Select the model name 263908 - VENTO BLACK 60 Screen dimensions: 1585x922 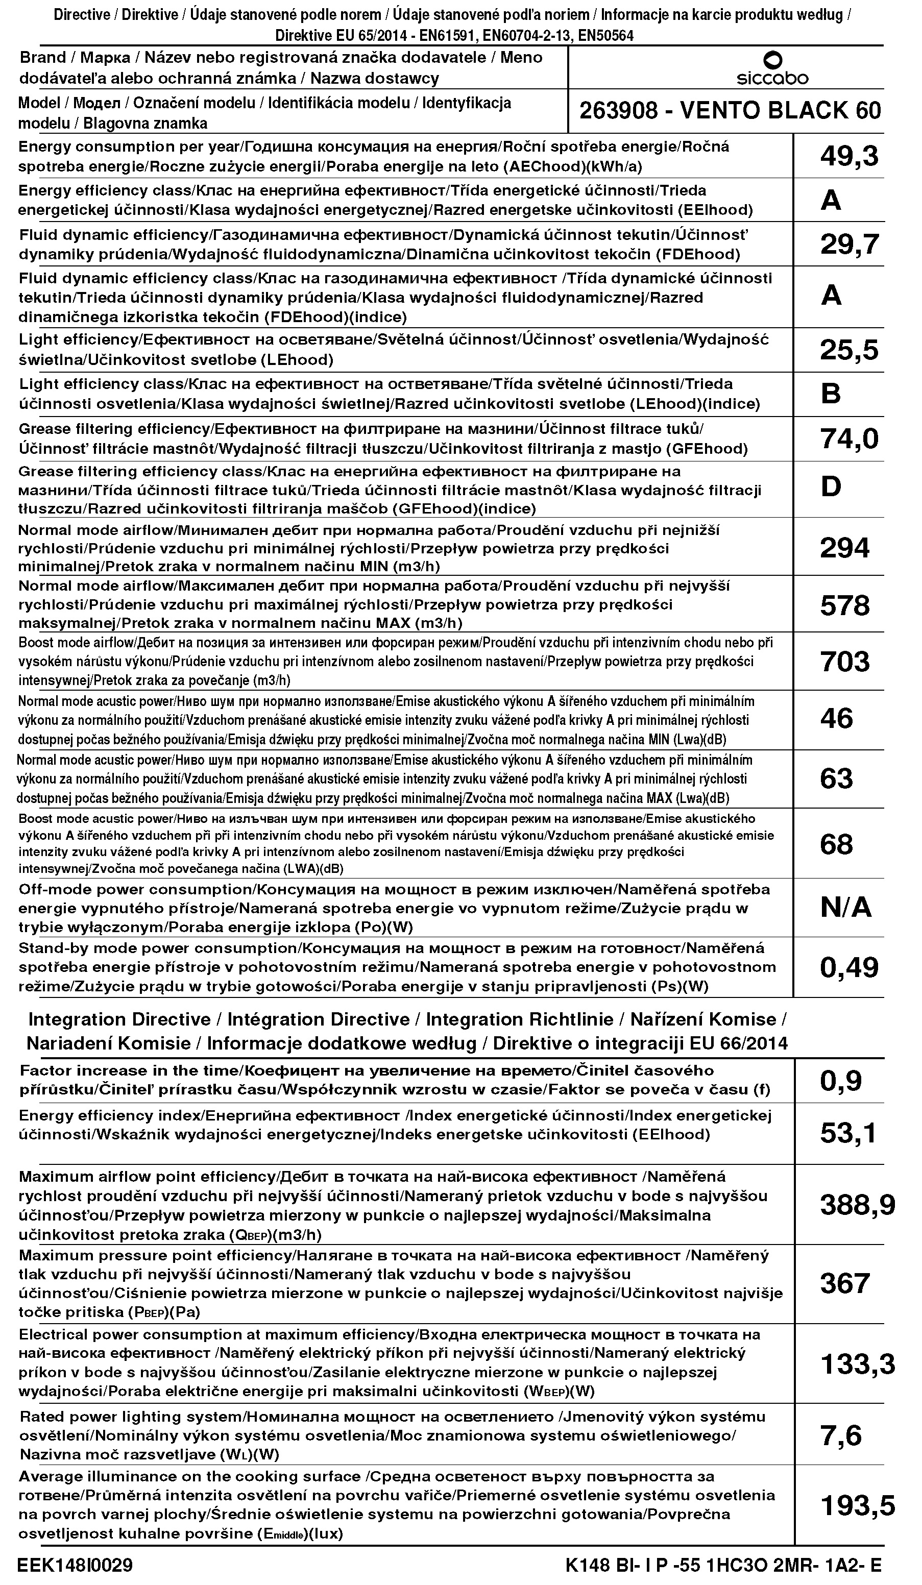[730, 111]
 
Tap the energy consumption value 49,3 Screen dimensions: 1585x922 [849, 156]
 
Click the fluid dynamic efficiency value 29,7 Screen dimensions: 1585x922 [849, 244]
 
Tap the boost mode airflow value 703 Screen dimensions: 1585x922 [844, 662]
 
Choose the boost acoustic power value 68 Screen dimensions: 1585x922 [836, 845]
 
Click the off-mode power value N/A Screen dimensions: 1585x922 [846, 908]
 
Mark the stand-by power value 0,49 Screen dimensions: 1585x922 [849, 968]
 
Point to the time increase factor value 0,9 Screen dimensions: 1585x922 [840, 1081]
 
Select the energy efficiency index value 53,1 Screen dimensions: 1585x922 [848, 1134]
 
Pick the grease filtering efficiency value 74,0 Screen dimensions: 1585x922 [849, 439]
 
